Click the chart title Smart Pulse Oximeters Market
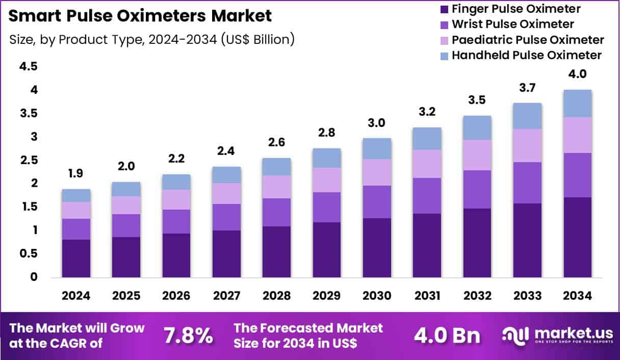(x=140, y=15)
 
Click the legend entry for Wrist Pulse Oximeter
(x=512, y=24)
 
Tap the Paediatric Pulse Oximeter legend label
(x=528, y=40)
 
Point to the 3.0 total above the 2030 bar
(x=377, y=123)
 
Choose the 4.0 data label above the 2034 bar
(x=577, y=74)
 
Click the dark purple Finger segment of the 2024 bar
(x=76, y=258)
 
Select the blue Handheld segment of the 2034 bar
(x=577, y=104)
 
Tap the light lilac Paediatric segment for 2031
(x=427, y=164)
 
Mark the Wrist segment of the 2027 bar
(x=227, y=217)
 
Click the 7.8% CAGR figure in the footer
(x=188, y=336)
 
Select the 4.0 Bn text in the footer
(x=447, y=336)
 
